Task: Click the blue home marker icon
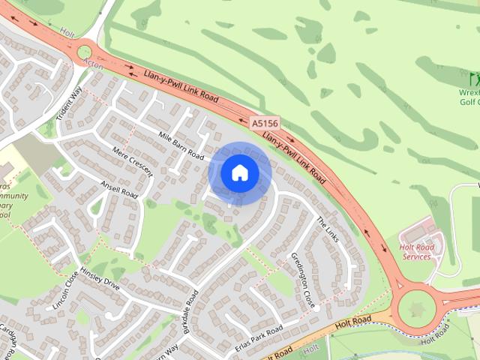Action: pos(240,173)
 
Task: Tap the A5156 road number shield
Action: pos(264,122)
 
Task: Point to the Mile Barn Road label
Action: pos(181,145)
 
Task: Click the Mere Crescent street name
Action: pos(131,160)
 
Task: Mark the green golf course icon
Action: pos(474,78)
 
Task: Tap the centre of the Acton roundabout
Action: pos(84,51)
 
